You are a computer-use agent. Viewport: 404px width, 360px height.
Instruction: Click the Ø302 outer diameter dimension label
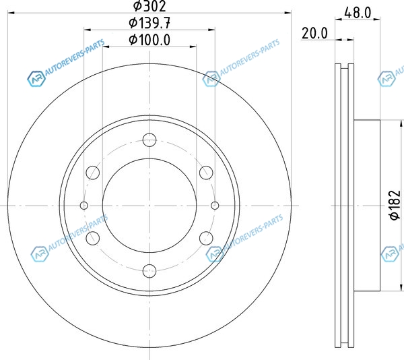149,6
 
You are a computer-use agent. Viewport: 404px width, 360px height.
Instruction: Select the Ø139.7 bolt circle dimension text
149,23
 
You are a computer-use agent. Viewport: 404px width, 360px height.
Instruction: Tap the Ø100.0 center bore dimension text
149,40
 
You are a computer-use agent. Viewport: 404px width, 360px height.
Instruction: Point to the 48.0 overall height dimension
358,12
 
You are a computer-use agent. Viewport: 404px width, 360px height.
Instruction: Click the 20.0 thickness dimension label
314,34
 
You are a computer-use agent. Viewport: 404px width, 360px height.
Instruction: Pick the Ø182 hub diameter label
395,205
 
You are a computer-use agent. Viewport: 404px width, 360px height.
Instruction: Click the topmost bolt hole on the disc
149,140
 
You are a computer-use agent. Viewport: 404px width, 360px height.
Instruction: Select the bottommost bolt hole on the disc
149,271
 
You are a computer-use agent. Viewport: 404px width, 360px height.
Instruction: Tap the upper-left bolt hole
93,173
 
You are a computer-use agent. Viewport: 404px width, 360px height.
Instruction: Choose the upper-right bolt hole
206,173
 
